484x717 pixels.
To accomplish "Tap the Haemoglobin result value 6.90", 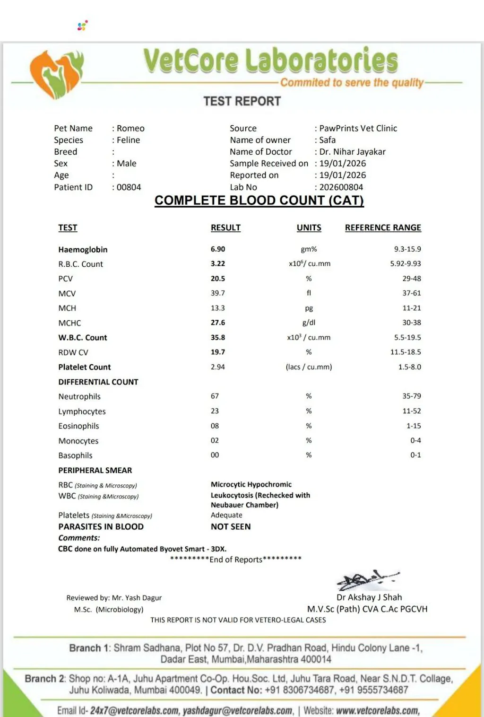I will tap(218, 249).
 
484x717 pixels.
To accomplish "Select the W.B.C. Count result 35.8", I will tap(218, 338).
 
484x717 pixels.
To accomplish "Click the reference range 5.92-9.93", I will tap(405, 263).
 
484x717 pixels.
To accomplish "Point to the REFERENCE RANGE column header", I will tap(383, 227).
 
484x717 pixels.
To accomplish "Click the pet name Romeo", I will tap(130, 128).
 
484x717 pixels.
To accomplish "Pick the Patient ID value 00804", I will tap(129, 187).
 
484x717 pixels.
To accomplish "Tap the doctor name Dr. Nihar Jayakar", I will tap(352, 152).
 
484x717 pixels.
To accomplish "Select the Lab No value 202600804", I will tap(341, 187).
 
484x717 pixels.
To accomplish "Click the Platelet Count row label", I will tap(85, 367).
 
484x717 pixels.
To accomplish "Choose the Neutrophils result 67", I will tap(215, 396).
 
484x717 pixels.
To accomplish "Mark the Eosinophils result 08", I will tap(215, 426).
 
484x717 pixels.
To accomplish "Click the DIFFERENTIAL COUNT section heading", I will tap(98, 382).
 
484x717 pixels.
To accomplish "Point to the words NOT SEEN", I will tap(231, 526).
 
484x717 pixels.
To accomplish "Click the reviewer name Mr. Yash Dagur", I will tap(137, 598).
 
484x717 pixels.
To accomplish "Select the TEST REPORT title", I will tap(242, 101).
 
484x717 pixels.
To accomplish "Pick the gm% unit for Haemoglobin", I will tap(309, 249).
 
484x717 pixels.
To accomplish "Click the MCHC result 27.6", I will tap(218, 323).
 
